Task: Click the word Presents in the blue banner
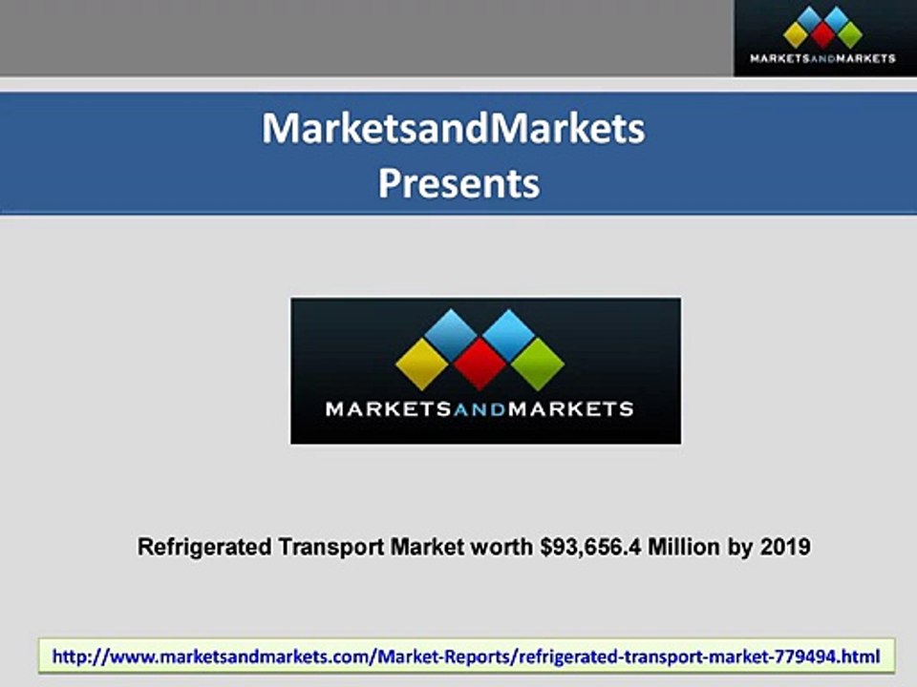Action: point(458,182)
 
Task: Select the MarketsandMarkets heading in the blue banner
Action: point(454,129)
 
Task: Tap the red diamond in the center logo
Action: point(480,363)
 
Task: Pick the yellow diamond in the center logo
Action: point(422,362)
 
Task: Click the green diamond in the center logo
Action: point(537,363)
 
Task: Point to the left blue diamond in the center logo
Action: point(451,333)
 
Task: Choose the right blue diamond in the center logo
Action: point(509,333)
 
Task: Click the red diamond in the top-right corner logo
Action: point(823,35)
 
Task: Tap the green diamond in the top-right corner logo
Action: point(848,35)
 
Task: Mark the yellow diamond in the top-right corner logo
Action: point(797,35)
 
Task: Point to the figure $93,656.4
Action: point(585,548)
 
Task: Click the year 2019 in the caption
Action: point(785,548)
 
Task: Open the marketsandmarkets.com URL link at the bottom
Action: point(466,656)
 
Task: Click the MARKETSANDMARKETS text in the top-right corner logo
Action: point(823,58)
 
